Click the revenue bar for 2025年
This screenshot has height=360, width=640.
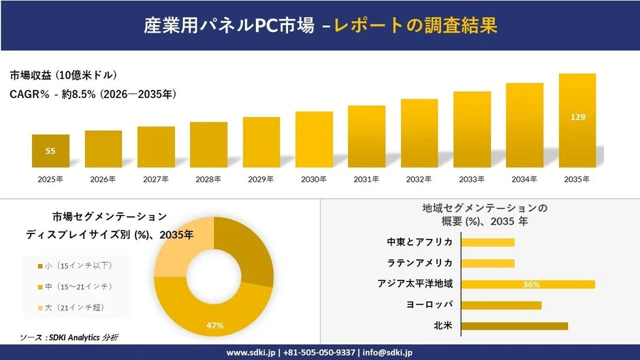coord(50,151)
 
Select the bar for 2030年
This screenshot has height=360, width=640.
coord(314,140)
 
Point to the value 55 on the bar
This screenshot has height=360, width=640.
coord(50,151)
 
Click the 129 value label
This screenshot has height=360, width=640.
coord(577,117)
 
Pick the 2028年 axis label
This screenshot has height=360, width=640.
coord(208,180)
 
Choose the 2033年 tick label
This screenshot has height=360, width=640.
coord(472,180)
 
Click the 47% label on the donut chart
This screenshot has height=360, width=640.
coord(215,326)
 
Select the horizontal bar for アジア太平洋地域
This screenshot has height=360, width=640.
coord(528,284)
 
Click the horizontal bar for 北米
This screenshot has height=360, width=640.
coord(514,326)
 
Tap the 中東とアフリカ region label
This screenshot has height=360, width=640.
coord(419,242)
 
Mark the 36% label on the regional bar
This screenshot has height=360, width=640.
coord(532,284)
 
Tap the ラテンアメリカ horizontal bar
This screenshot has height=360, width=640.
coord(487,263)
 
